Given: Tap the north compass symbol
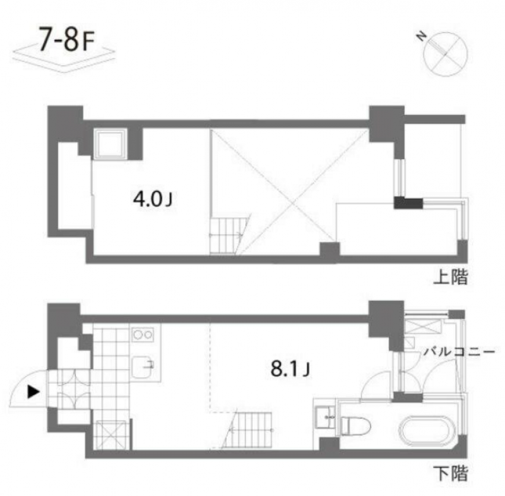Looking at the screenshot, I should tap(446, 51).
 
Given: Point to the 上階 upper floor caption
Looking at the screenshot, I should tap(451, 277).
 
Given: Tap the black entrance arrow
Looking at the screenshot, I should tap(32, 391).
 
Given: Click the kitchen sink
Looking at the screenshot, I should tap(145, 365).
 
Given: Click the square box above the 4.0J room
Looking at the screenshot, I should tap(110, 144).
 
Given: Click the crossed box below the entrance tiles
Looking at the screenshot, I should tap(112, 435).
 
